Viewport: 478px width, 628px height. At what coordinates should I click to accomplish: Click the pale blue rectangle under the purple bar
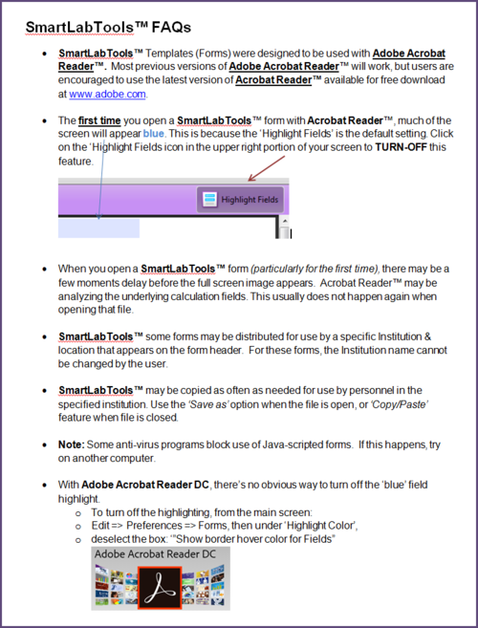point(99,227)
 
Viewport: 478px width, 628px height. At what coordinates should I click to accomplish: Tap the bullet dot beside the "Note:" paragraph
point(45,445)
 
